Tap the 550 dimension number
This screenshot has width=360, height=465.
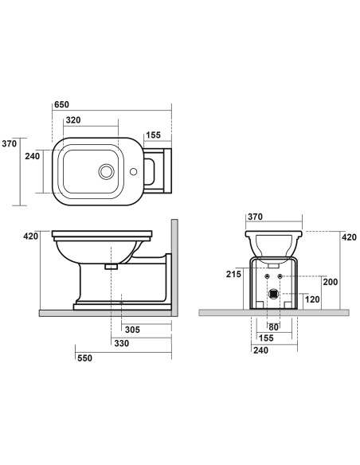point(84,358)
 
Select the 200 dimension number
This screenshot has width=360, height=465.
point(330,283)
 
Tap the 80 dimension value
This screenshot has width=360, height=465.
point(272,327)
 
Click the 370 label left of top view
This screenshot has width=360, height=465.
point(10,143)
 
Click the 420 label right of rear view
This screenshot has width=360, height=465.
point(348,236)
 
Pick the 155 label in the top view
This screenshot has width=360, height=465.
point(155,136)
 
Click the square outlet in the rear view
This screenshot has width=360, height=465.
point(273,293)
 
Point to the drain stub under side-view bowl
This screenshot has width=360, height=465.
point(111,268)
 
